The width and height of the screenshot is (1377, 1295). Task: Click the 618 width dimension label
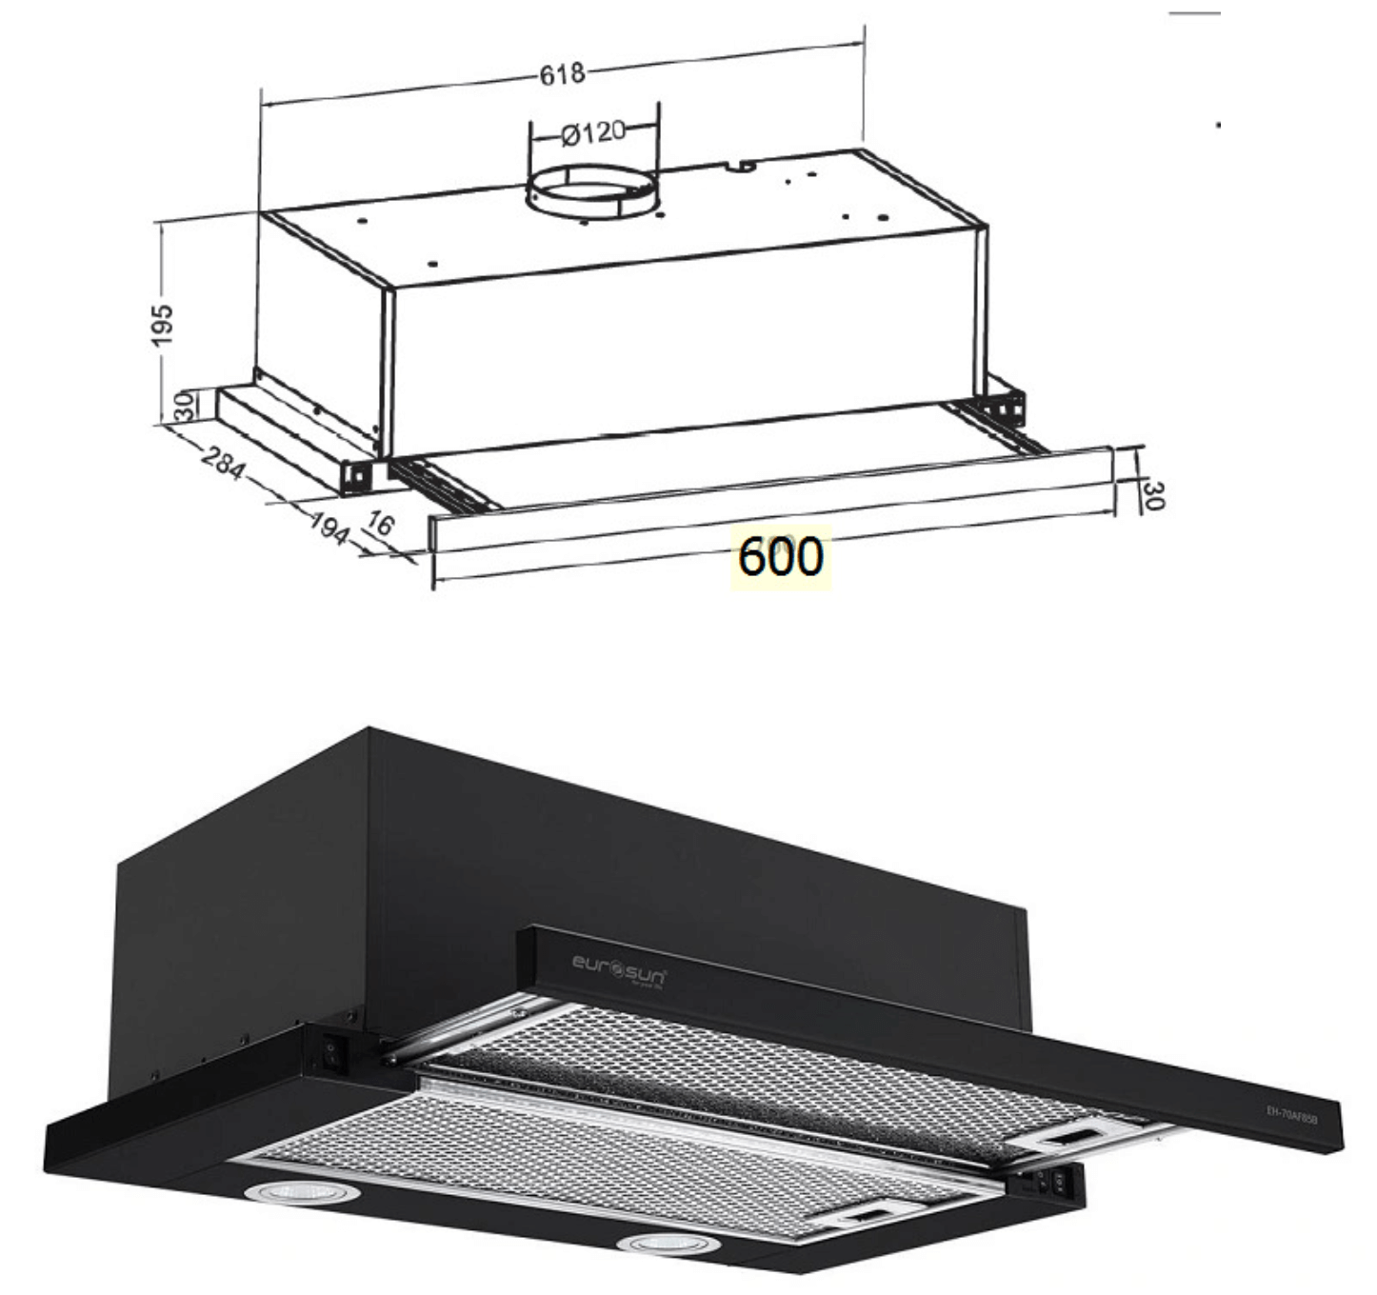pos(562,73)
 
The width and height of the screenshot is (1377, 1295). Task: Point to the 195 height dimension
pos(163,325)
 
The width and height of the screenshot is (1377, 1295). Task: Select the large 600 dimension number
pos(780,557)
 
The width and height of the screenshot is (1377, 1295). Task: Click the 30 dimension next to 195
pos(185,406)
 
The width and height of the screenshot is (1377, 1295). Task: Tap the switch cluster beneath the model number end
pos(1050,1183)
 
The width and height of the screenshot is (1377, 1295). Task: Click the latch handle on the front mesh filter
pos(867,1214)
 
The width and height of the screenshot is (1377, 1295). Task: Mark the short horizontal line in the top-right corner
pos(1194,14)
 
